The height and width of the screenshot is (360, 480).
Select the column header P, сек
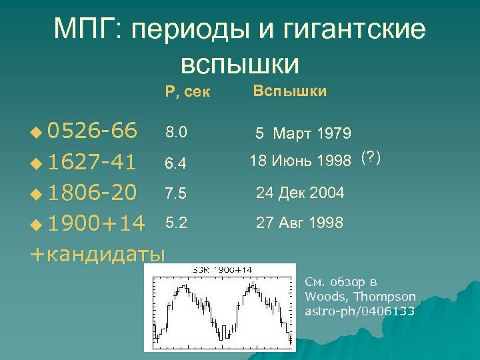click(187, 91)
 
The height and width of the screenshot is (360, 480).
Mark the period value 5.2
click(177, 222)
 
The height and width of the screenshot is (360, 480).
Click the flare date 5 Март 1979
click(303, 134)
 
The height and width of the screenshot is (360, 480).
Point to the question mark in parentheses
click(370, 158)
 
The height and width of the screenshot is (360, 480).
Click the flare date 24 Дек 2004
click(300, 193)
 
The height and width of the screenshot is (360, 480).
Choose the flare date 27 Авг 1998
click(300, 223)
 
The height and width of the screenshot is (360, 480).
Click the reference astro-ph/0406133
click(359, 311)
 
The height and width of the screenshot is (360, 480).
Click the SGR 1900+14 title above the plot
click(222, 269)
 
